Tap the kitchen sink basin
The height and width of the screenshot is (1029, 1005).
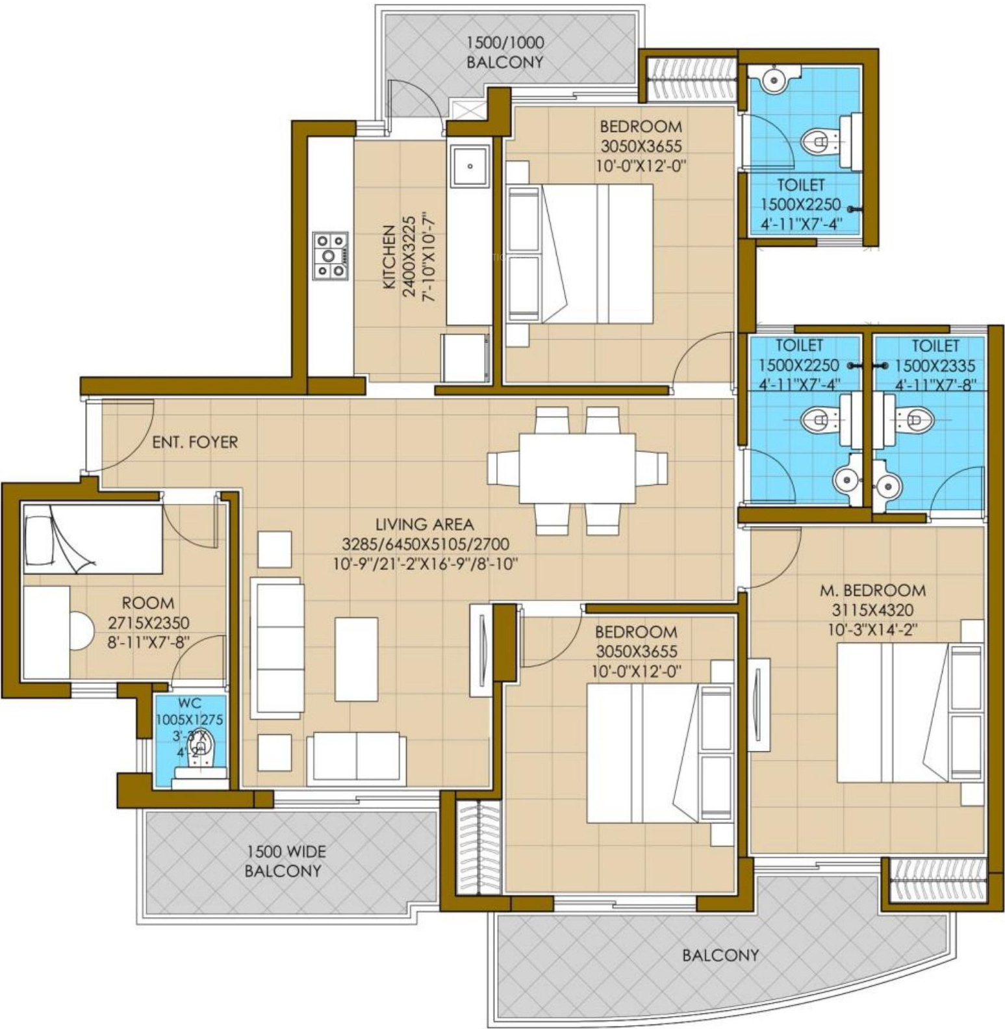(470, 166)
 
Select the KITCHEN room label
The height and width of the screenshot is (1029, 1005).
(389, 257)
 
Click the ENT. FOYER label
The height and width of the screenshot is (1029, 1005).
(195, 442)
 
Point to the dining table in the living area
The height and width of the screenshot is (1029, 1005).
(577, 468)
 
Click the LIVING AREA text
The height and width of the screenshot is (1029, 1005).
(425, 524)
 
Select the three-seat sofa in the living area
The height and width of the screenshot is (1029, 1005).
(277, 648)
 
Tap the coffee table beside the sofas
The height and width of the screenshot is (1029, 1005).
(357, 659)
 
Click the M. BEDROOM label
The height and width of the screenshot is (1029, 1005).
(872, 591)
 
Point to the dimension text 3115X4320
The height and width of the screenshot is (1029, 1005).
(872, 611)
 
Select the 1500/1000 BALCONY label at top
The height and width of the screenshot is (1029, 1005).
(505, 53)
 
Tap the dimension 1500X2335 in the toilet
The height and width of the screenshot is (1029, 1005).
(935, 366)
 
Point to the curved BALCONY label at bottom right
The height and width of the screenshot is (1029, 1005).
(720, 955)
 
